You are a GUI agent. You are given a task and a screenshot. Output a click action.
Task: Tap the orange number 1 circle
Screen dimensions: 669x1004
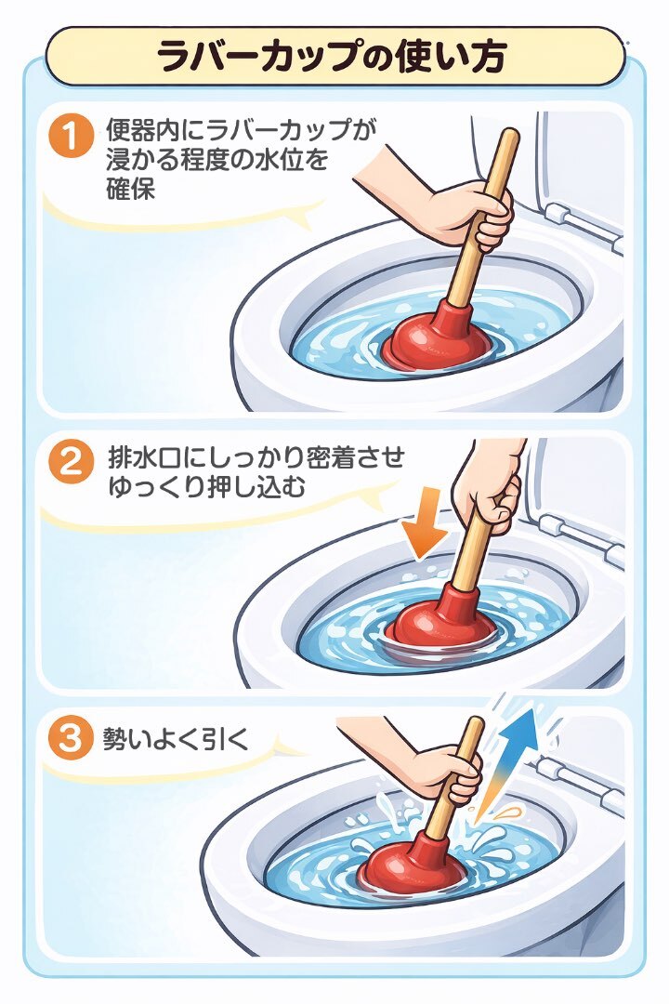click(71, 135)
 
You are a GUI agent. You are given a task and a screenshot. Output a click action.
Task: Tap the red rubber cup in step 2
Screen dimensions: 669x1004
click(442, 614)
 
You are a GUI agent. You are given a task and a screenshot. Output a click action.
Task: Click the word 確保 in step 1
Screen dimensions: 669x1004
click(131, 189)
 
